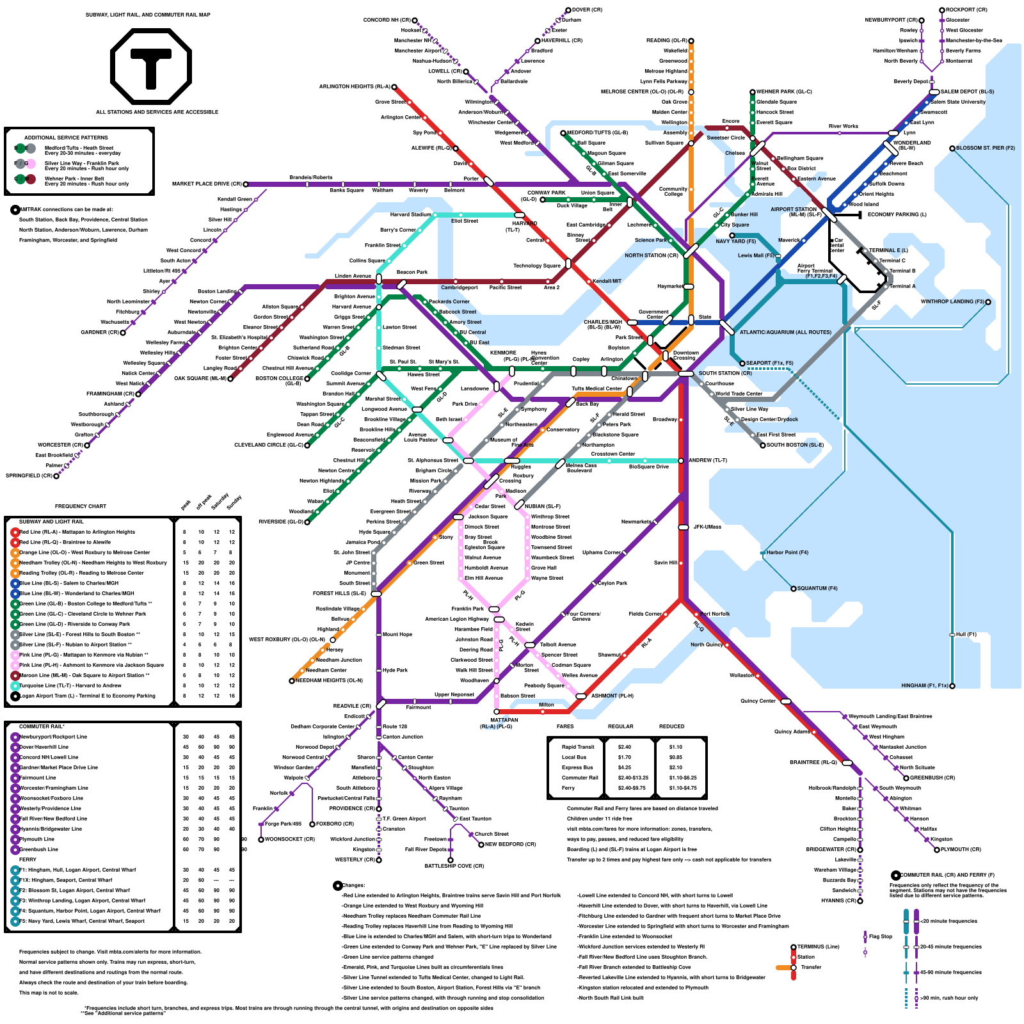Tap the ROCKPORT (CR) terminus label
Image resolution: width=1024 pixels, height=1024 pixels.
(x=966, y=10)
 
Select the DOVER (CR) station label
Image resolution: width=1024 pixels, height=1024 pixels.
(x=587, y=10)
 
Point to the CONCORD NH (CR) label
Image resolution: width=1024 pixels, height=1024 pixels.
(x=387, y=20)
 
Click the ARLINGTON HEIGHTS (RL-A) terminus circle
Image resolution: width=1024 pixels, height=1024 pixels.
(x=394, y=87)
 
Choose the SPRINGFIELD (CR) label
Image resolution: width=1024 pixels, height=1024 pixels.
(x=29, y=476)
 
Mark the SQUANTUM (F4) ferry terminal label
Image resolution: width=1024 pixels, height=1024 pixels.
(x=812, y=589)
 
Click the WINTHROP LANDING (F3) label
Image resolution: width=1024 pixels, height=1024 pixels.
(x=952, y=302)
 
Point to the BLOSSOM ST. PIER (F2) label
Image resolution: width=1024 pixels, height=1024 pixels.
(x=986, y=148)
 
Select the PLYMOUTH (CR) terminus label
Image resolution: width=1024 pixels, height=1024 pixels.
(x=961, y=850)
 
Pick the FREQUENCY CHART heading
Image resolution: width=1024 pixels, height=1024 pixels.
(x=81, y=506)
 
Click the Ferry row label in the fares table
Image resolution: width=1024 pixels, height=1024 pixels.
(x=568, y=788)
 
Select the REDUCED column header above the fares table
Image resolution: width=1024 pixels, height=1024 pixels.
(x=672, y=726)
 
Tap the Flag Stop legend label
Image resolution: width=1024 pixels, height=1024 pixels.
(x=881, y=936)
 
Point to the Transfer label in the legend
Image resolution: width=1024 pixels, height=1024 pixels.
(x=811, y=967)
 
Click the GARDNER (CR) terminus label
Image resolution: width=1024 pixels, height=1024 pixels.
(x=100, y=333)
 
